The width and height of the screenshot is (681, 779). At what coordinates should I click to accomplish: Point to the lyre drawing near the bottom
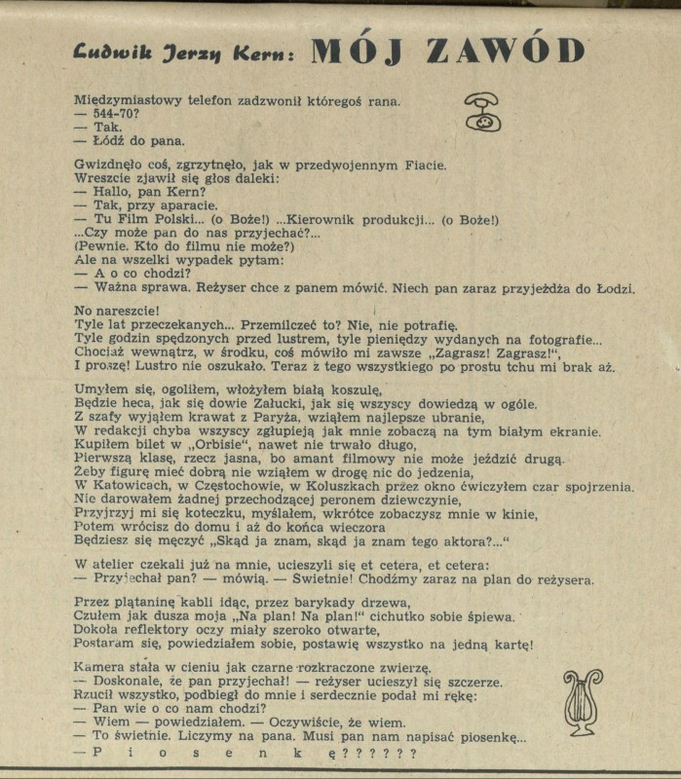click(x=582, y=701)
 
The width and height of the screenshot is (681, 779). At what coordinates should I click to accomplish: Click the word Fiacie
click(x=424, y=166)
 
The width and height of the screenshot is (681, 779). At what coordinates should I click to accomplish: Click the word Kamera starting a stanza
click(x=98, y=667)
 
